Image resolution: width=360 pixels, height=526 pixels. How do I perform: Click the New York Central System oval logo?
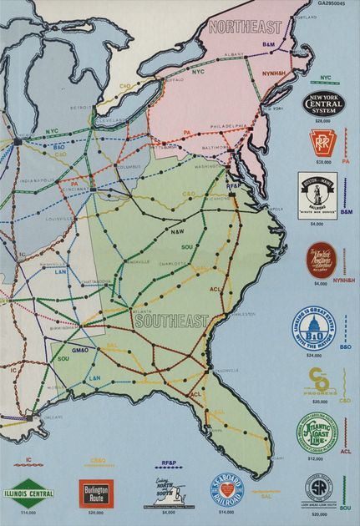point(322,104)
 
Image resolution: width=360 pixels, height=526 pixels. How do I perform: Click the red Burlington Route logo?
point(94,490)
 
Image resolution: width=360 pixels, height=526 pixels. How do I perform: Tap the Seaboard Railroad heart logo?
point(226,491)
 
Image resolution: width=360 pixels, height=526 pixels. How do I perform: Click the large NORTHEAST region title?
point(246,27)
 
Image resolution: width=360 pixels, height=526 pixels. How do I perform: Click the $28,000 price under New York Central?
point(322,122)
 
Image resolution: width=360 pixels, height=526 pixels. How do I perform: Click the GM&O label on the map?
point(81,349)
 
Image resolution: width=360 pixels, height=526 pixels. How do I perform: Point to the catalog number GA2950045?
point(336,4)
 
